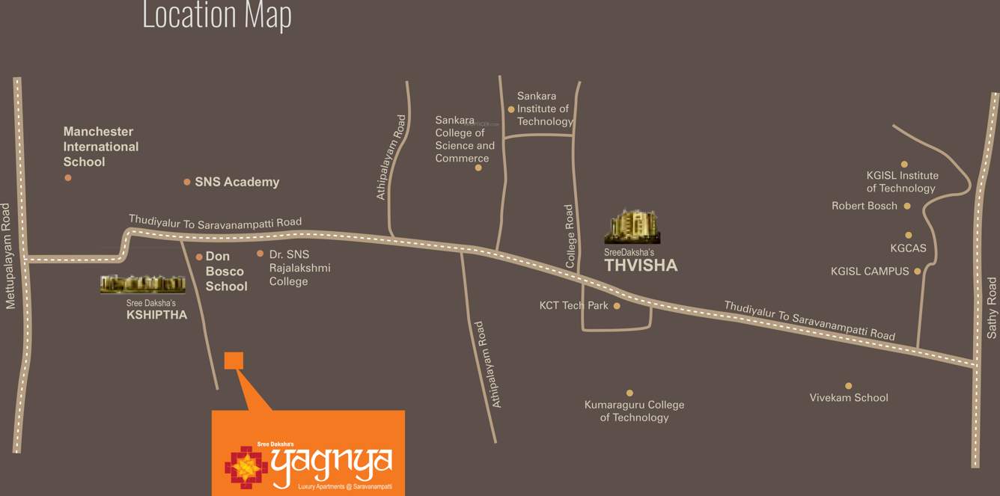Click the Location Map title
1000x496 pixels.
click(x=216, y=15)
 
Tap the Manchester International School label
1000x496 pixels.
click(x=100, y=147)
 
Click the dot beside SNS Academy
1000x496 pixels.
click(x=187, y=182)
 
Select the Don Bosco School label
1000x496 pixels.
click(x=226, y=272)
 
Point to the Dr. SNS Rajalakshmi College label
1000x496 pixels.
click(x=299, y=268)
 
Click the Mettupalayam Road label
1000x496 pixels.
click(x=8, y=255)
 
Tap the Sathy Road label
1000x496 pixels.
click(x=992, y=307)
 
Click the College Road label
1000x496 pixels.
click(x=570, y=236)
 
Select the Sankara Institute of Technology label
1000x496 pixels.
click(x=544, y=108)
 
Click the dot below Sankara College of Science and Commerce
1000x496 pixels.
click(x=478, y=168)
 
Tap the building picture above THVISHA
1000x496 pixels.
click(x=632, y=227)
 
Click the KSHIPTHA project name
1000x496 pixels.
click(x=156, y=315)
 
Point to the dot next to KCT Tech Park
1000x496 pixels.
click(x=617, y=306)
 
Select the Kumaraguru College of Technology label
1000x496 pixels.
click(x=634, y=411)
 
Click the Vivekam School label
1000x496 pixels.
click(x=849, y=398)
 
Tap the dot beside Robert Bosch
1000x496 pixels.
click(x=906, y=206)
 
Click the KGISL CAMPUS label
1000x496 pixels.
click(x=870, y=272)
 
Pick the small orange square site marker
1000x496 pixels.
click(x=234, y=361)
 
